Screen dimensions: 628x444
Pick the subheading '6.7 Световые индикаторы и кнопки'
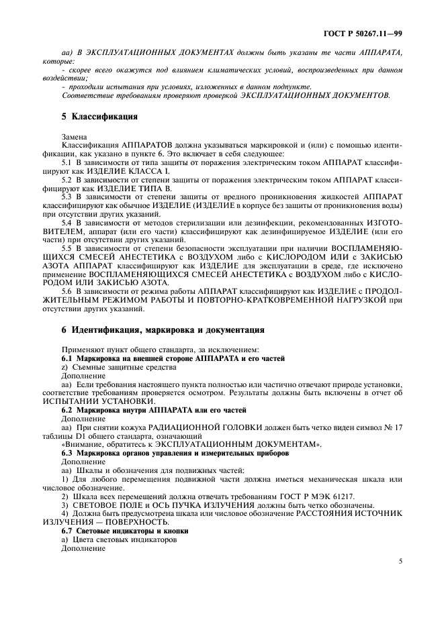coord(124,531)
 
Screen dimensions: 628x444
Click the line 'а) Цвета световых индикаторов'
coord(110,539)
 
